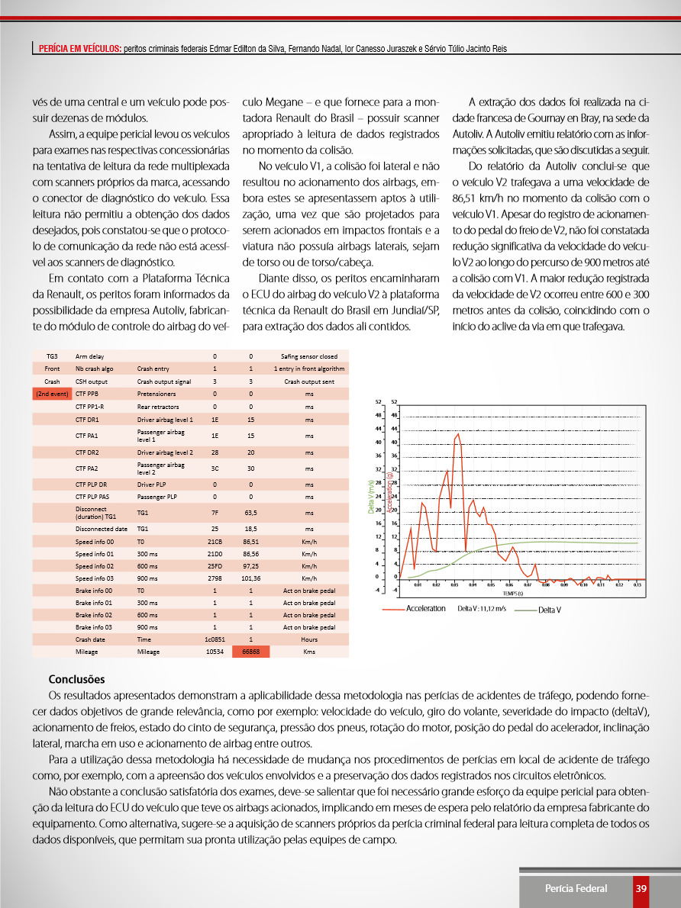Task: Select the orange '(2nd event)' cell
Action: pos(52,394)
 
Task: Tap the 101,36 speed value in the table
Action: pos(251,578)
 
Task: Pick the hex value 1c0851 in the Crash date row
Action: pos(215,639)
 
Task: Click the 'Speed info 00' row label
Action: pos(95,541)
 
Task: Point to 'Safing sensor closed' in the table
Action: pos(309,356)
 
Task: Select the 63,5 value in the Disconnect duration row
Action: pos(251,513)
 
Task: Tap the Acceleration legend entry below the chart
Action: pos(426,609)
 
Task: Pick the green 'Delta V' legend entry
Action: pos(550,610)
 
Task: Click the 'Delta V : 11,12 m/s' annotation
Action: pos(482,609)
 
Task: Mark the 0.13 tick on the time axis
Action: pos(637,584)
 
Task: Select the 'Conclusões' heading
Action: pos(76,679)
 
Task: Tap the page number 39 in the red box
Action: pos(641,888)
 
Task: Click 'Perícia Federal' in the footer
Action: pos(576,888)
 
